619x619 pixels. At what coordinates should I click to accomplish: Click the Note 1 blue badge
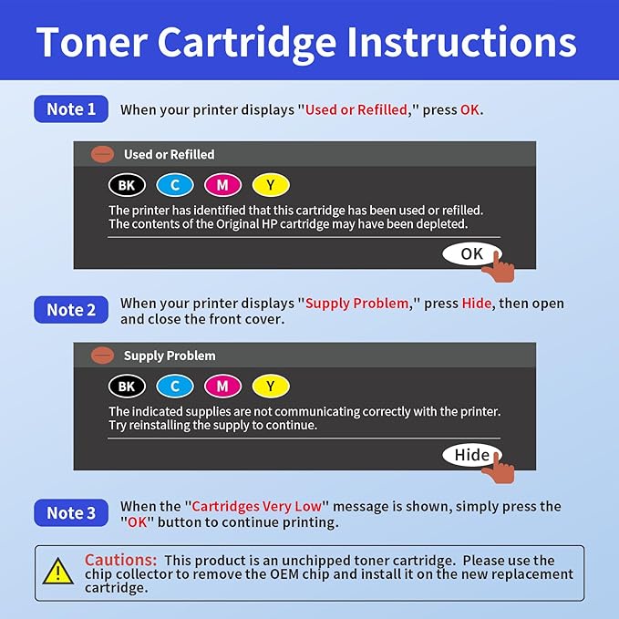71,109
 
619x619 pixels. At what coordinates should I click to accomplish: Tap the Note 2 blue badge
71,310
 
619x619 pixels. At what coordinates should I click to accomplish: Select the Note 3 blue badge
71,513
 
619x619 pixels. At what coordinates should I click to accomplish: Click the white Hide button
471,455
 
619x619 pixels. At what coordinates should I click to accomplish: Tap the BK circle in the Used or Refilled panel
126,185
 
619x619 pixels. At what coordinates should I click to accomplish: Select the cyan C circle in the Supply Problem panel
174,387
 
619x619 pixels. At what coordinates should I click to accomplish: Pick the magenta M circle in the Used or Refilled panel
222,185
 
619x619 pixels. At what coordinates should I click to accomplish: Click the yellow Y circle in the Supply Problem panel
271,387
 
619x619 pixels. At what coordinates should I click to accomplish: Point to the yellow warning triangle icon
58,572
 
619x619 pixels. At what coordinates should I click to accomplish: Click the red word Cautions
121,560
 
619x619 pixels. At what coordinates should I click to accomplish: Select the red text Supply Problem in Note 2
356,303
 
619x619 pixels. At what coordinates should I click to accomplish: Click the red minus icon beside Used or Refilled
103,155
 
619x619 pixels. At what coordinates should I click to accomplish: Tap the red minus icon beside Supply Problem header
103,356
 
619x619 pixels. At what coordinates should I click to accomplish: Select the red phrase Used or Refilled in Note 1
356,109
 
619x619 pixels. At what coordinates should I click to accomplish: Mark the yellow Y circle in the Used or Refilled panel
271,185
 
